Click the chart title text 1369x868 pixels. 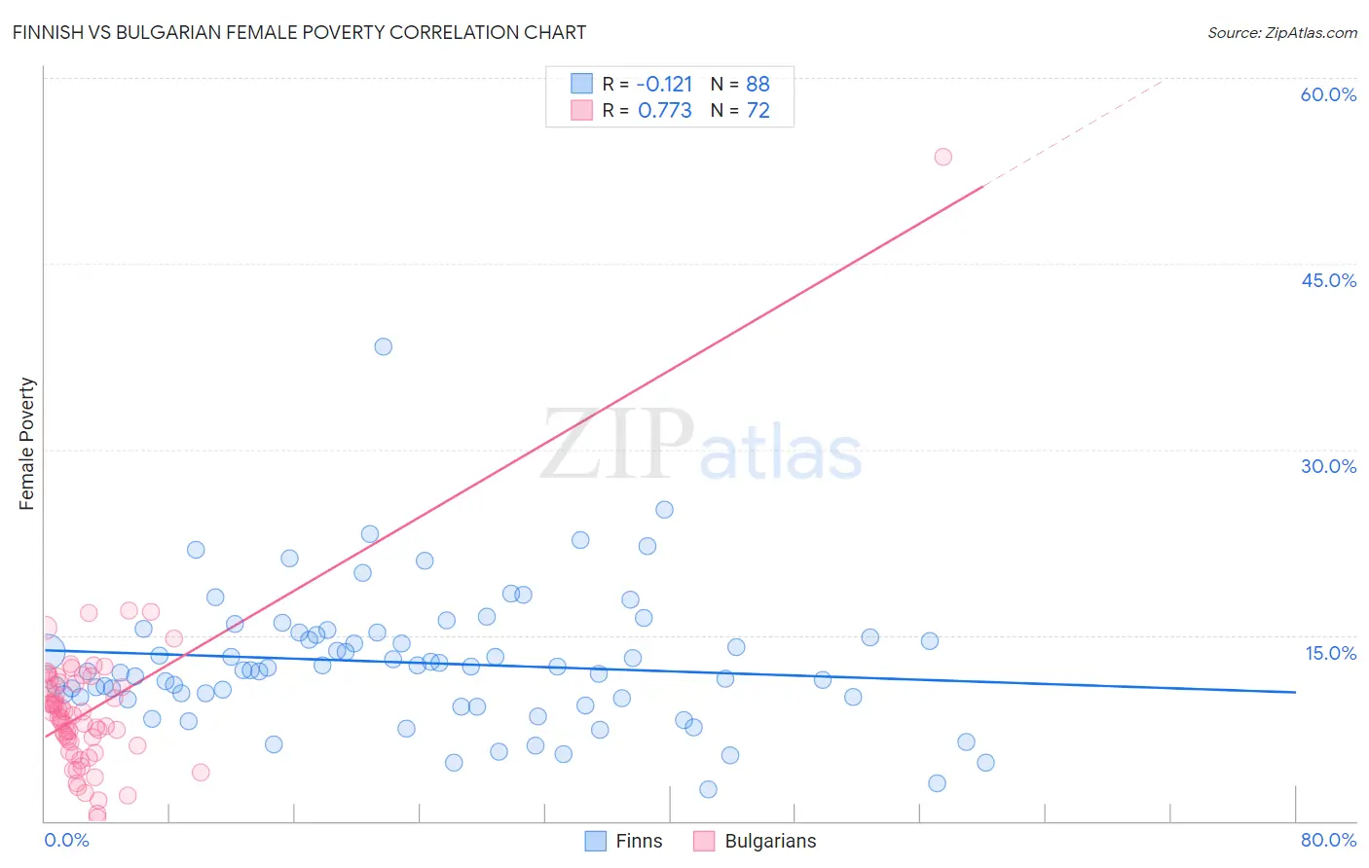(x=299, y=32)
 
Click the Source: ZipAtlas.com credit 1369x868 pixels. (x=1281, y=33)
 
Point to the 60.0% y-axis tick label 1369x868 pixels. (x=1328, y=94)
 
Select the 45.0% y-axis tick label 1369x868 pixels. (x=1328, y=280)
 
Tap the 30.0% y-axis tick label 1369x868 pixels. (x=1328, y=466)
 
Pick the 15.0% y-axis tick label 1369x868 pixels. (x=1330, y=653)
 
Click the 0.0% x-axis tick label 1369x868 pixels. (x=66, y=840)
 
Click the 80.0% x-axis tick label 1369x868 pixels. (x=1328, y=840)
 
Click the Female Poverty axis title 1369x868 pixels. (x=27, y=444)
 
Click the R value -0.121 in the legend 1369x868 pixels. (x=664, y=84)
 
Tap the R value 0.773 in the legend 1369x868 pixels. (x=664, y=111)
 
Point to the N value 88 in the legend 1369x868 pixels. (x=758, y=84)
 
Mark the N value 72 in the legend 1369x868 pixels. (x=758, y=111)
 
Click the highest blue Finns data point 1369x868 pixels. (x=384, y=346)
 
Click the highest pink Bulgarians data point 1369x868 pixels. (x=943, y=157)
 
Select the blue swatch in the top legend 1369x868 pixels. (x=581, y=83)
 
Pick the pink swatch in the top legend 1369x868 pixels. (x=581, y=110)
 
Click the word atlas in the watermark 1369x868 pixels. (x=781, y=453)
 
